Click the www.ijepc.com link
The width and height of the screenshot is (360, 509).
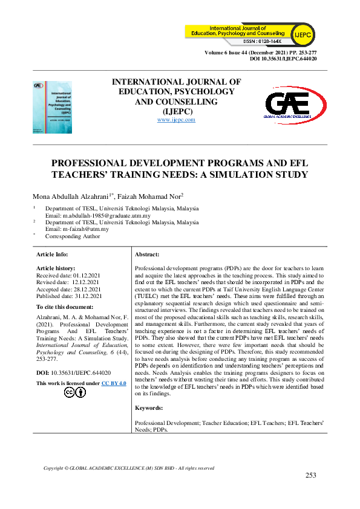[176, 120]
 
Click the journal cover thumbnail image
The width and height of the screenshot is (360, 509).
[53, 108]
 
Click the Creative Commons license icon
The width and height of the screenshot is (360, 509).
[76, 392]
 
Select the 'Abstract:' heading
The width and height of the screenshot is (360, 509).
[147, 255]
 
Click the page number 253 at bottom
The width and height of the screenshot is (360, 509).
[310, 475]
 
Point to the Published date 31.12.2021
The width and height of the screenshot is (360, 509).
[88, 296]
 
